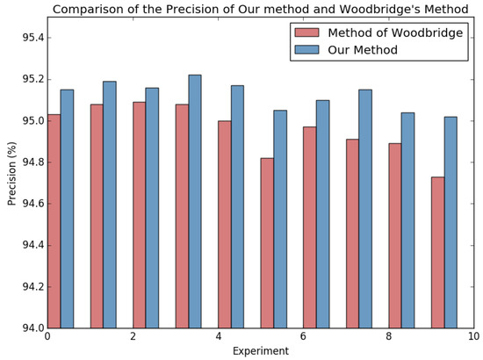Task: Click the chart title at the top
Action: coord(261,10)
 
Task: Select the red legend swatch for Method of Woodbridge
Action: coord(306,32)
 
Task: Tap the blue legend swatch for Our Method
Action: coord(306,51)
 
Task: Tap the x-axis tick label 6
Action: coord(303,338)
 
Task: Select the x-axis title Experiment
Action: coord(260,351)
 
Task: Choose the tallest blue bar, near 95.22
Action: coord(195,202)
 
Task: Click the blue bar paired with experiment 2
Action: coord(152,208)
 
